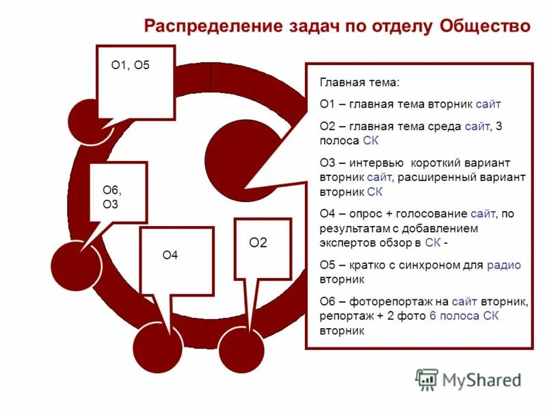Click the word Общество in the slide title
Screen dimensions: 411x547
(485, 27)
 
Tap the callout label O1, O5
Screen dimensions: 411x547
(130, 66)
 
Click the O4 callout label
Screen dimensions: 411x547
(170, 256)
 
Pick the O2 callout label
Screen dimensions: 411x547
(258, 242)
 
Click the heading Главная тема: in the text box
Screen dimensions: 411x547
(359, 82)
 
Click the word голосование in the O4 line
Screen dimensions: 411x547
(434, 214)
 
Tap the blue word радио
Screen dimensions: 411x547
(504, 265)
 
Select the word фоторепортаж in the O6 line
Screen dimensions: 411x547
(388, 301)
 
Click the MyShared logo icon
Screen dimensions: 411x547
(427, 379)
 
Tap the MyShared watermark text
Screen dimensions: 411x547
(482, 379)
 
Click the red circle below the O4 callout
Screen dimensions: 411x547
(158, 349)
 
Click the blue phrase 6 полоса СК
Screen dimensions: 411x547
(464, 316)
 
